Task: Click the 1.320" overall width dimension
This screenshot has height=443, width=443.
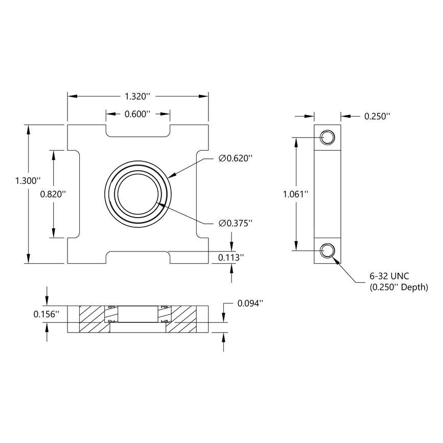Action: click(137, 96)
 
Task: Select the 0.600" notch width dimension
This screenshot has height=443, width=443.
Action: click(137, 114)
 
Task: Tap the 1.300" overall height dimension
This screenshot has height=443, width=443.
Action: click(27, 180)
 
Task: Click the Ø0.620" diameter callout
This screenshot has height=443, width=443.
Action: click(236, 159)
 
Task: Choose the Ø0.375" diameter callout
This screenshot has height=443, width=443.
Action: click(236, 223)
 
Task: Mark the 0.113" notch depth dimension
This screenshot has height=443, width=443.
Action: click(231, 258)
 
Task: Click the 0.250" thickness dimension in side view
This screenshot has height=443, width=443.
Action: click(377, 116)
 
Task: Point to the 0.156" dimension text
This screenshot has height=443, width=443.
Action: click(46, 314)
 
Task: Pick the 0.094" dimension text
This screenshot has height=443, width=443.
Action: click(250, 303)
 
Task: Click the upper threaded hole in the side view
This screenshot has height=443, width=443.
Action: click(327, 137)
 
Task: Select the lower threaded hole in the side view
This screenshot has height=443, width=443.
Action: click(327, 250)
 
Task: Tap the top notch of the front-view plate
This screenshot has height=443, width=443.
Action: click(138, 130)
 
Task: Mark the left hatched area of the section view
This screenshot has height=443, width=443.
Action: click(92, 319)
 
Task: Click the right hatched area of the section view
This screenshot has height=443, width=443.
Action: click(184, 319)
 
